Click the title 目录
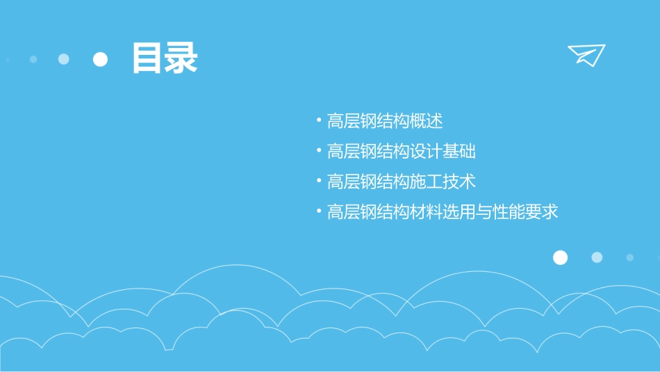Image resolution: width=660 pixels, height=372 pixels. (x=165, y=58)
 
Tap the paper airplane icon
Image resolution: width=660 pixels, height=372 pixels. (x=586, y=54)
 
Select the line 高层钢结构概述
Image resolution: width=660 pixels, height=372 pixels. (x=384, y=121)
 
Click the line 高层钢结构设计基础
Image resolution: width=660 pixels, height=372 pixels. (x=401, y=152)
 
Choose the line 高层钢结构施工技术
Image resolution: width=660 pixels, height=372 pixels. (x=401, y=181)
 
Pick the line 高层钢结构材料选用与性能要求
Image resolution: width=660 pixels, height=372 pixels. (x=443, y=211)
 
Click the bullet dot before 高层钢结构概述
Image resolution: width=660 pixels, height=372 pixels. (x=318, y=120)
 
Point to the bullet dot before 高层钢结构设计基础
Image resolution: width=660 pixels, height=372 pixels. (x=318, y=150)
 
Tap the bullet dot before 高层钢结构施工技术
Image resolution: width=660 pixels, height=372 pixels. (x=318, y=181)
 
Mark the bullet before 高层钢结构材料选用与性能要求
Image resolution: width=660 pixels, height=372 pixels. (x=318, y=211)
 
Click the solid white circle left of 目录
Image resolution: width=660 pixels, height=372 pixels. (x=101, y=59)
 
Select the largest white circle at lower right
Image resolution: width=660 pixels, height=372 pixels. (x=560, y=257)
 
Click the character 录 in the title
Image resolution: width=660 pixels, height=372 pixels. (x=181, y=58)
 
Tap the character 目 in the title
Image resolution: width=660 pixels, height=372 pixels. (x=147, y=58)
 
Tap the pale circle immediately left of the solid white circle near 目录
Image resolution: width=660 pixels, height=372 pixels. (x=64, y=59)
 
